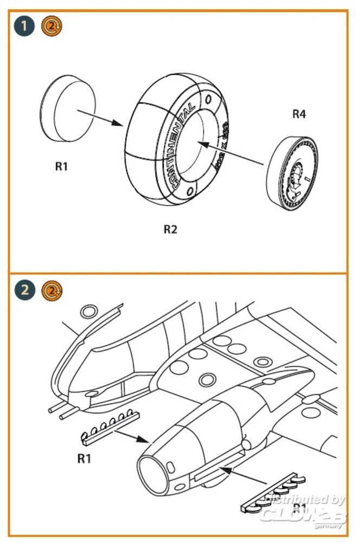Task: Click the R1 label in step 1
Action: [x=61, y=166]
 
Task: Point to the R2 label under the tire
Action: [x=170, y=229]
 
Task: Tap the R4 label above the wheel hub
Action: [x=299, y=114]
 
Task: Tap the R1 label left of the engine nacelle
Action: [x=83, y=459]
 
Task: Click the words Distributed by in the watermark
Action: [x=307, y=500]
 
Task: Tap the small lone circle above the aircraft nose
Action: [x=88, y=312]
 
